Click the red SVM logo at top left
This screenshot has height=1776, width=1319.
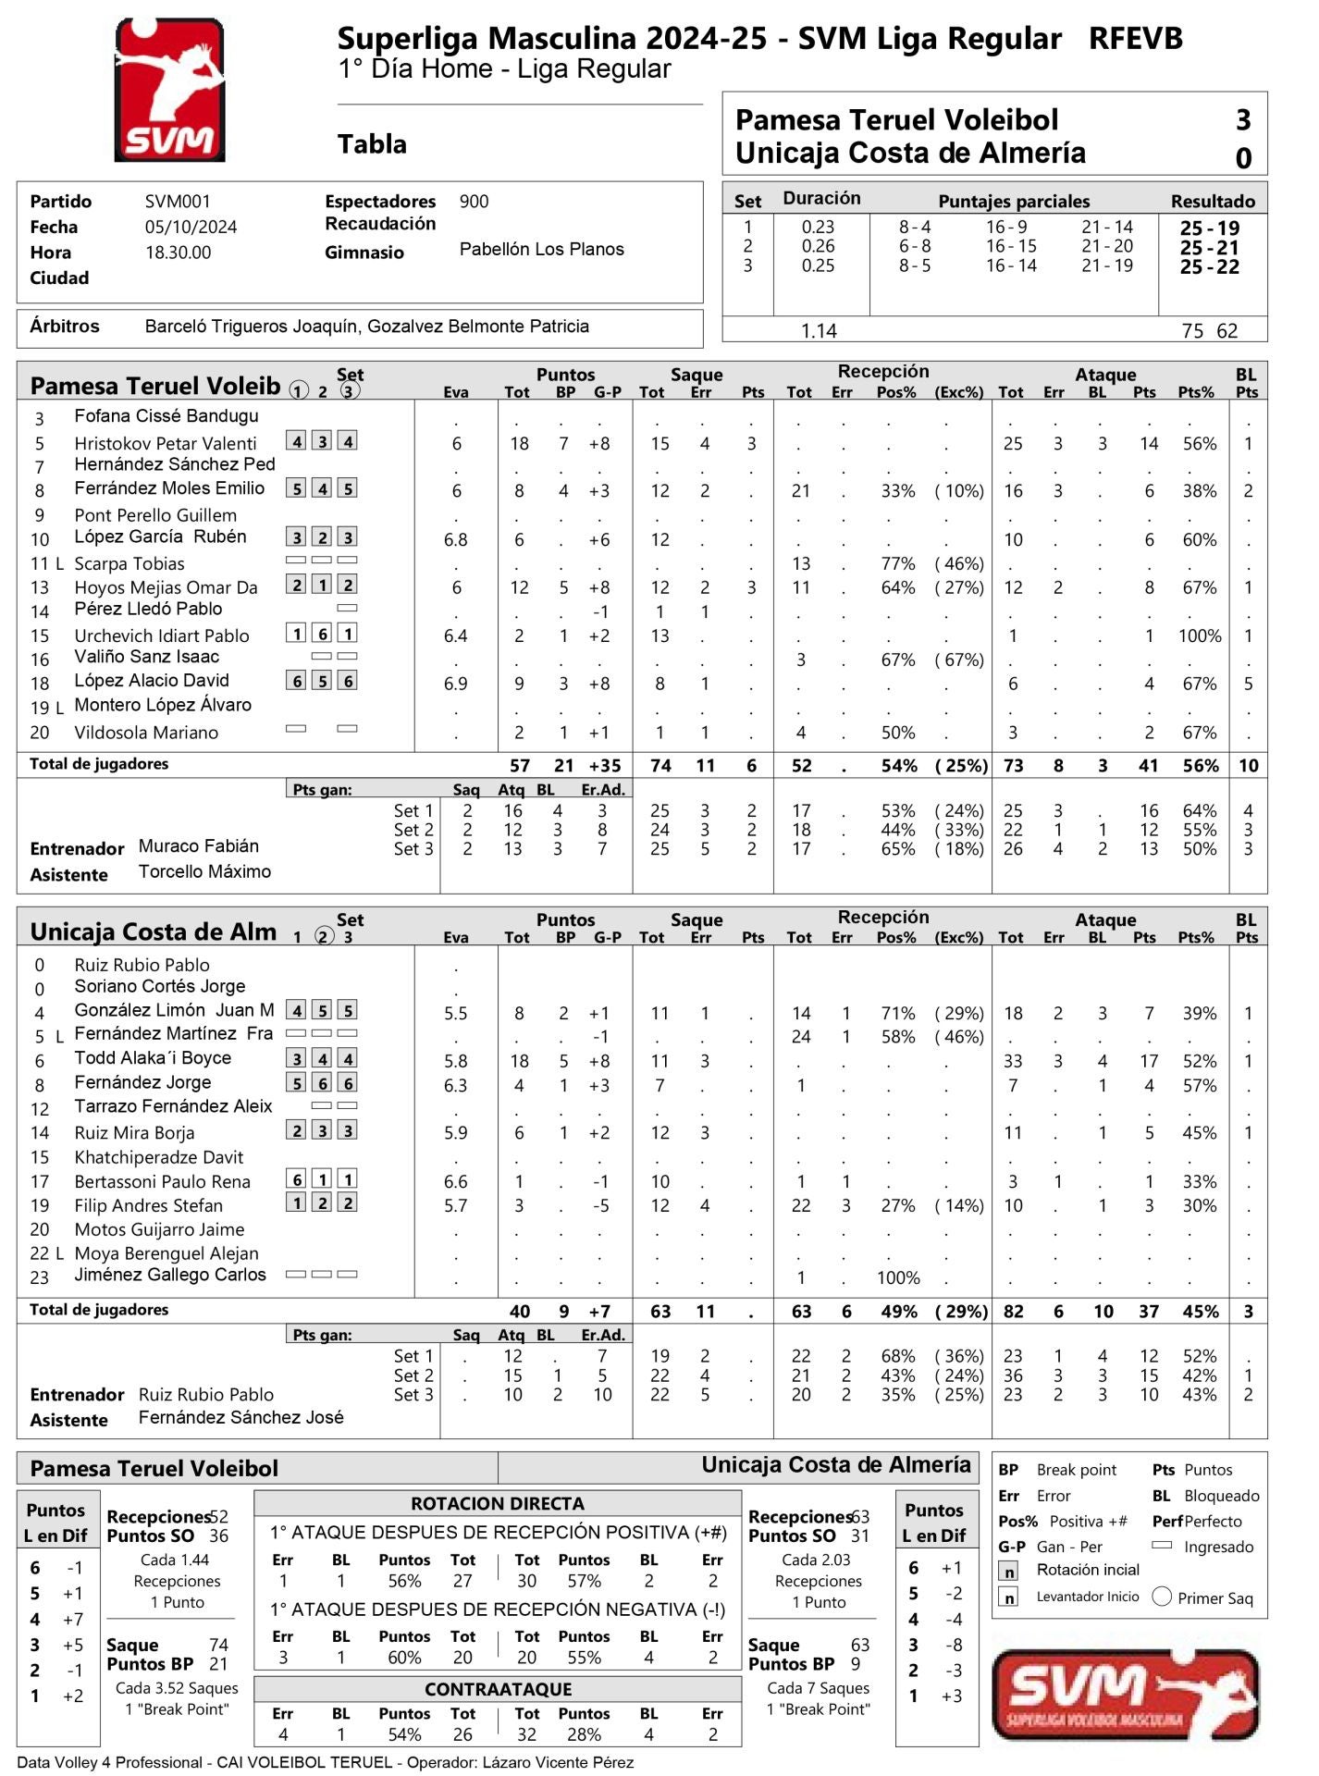click(x=169, y=91)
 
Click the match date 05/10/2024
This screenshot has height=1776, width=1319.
click(x=191, y=228)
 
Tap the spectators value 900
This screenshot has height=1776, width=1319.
click(x=474, y=202)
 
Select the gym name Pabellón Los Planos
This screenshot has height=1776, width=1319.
click(x=541, y=250)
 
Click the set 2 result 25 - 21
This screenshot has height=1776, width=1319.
click(x=1209, y=248)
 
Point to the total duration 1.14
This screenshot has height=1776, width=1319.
click(x=819, y=331)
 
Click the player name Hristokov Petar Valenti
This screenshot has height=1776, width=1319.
click(x=166, y=444)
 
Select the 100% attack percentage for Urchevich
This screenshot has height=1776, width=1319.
click(x=1200, y=636)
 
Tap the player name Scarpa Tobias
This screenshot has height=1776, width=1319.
click(x=129, y=564)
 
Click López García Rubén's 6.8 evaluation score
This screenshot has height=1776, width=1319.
click(x=456, y=540)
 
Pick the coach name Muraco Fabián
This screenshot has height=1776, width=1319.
click(x=199, y=846)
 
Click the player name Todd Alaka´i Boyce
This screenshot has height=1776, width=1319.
click(x=153, y=1058)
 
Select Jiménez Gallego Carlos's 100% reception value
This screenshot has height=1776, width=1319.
click(x=898, y=1278)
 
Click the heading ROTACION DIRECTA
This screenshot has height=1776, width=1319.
click(x=498, y=1504)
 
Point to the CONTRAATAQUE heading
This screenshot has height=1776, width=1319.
click(x=498, y=1689)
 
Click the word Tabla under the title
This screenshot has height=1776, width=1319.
click(x=372, y=144)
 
